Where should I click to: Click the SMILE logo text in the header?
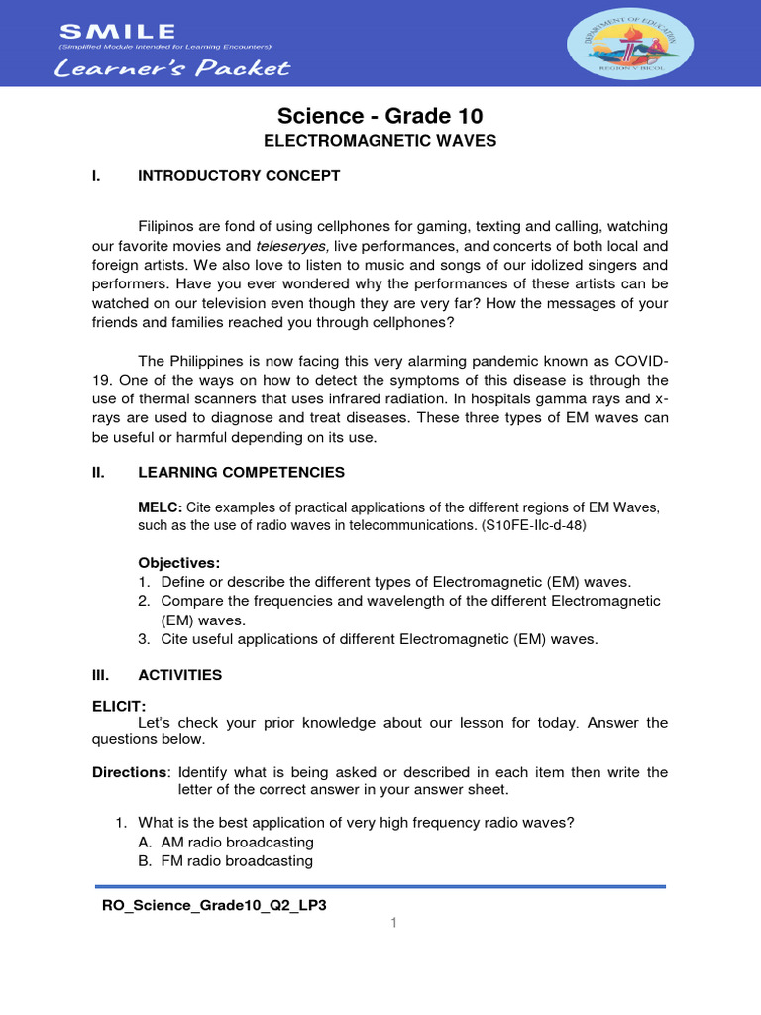click(x=117, y=33)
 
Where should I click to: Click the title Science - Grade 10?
click(x=380, y=116)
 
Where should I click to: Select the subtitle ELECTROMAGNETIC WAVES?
click(x=380, y=142)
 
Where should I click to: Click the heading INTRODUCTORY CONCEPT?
click(x=239, y=176)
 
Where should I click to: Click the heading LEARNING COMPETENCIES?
click(x=241, y=473)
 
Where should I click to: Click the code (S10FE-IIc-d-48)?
click(x=533, y=525)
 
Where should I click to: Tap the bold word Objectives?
click(x=179, y=563)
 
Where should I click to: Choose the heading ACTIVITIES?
click(x=179, y=675)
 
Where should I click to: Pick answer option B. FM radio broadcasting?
click(x=226, y=861)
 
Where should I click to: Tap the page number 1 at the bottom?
click(x=393, y=924)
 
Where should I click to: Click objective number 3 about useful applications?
click(x=369, y=639)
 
